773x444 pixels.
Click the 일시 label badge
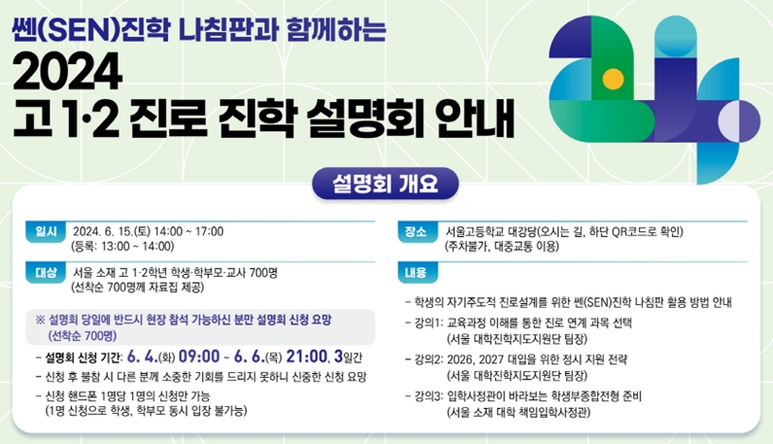click(x=46, y=231)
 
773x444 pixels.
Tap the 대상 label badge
click(x=46, y=272)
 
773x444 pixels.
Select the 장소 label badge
click(x=417, y=231)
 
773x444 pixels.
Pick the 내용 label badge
click(x=417, y=272)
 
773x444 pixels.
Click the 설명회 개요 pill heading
click(x=385, y=184)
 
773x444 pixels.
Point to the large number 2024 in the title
click(x=67, y=71)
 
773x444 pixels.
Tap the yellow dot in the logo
click(x=613, y=79)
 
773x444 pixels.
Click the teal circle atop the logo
click(x=676, y=36)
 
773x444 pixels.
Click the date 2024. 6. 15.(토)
click(x=112, y=231)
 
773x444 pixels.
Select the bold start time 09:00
click(x=199, y=356)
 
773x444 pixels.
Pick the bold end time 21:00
click(x=306, y=356)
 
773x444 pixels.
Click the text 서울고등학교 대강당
click(x=490, y=231)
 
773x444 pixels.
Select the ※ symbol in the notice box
click(x=40, y=320)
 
